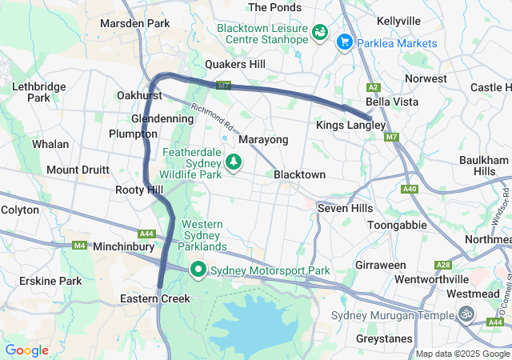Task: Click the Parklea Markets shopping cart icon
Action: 346,41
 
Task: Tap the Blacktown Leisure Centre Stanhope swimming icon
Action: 319,31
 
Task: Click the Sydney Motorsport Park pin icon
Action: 198,270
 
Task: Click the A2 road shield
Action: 373,86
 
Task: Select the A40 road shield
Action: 410,189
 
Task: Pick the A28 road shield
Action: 442,265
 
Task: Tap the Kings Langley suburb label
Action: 350,126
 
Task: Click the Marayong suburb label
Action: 263,140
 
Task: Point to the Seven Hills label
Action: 345,208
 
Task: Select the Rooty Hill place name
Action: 138,190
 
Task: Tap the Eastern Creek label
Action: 154,298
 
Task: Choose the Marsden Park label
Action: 134,24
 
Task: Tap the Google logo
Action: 26,350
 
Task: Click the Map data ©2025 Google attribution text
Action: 462,354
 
